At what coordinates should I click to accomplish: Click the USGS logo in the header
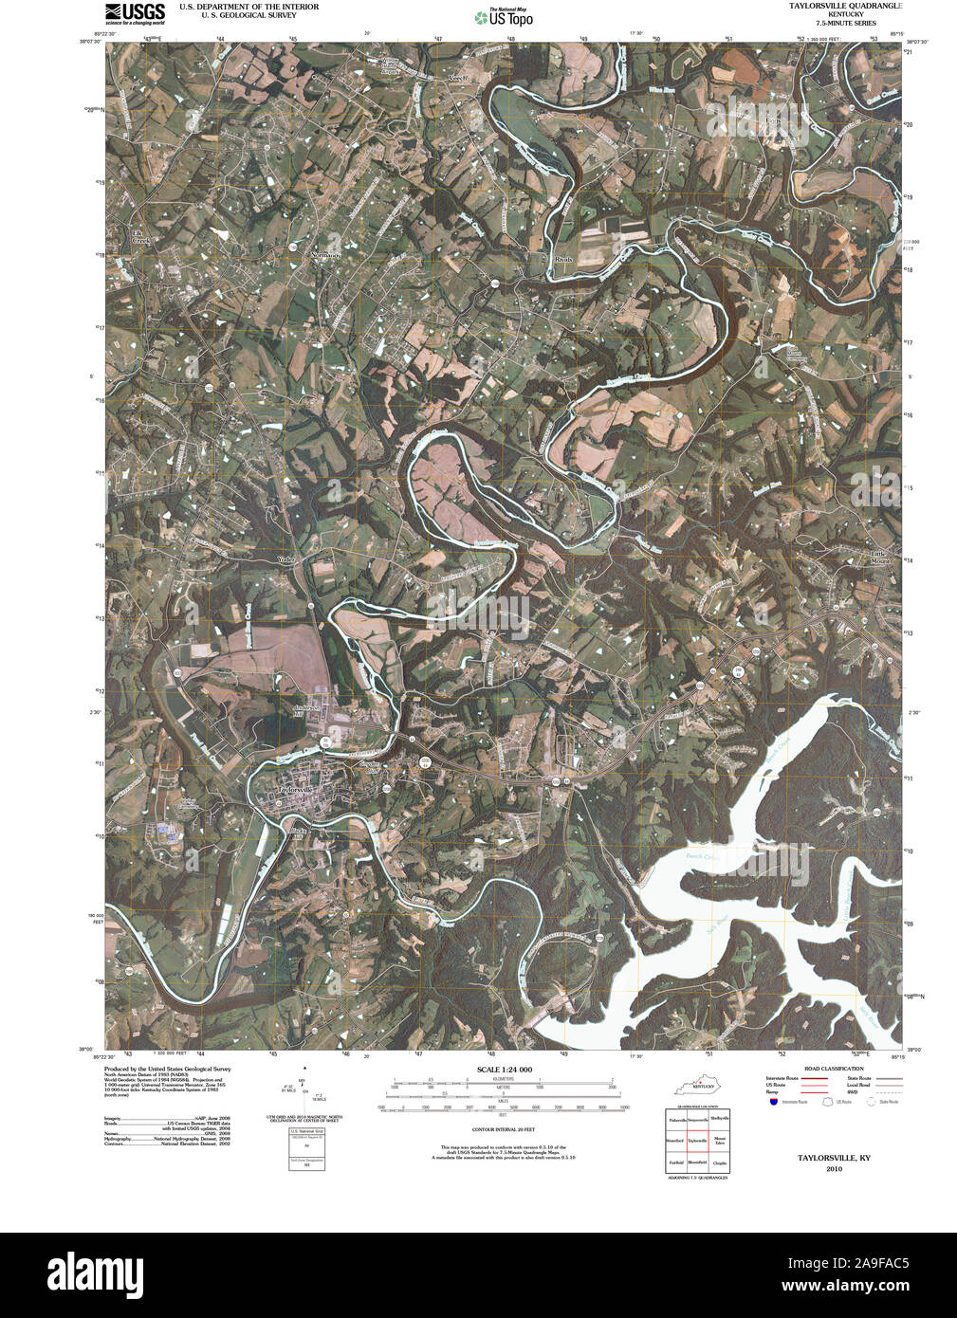click(x=134, y=12)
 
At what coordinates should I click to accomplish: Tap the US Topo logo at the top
click(x=505, y=16)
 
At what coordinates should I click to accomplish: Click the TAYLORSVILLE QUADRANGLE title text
click(x=845, y=6)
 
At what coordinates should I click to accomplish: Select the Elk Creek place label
click(x=140, y=237)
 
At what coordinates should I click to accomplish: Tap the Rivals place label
click(x=564, y=258)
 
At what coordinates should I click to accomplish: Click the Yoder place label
click(x=286, y=559)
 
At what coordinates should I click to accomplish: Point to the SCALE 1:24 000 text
click(x=505, y=1070)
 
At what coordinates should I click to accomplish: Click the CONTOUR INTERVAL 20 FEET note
click(x=505, y=1130)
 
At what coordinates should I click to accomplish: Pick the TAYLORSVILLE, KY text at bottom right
click(x=834, y=1158)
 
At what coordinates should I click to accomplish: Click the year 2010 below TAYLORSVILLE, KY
click(x=834, y=1168)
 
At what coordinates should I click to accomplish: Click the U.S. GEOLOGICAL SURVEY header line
click(x=237, y=15)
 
